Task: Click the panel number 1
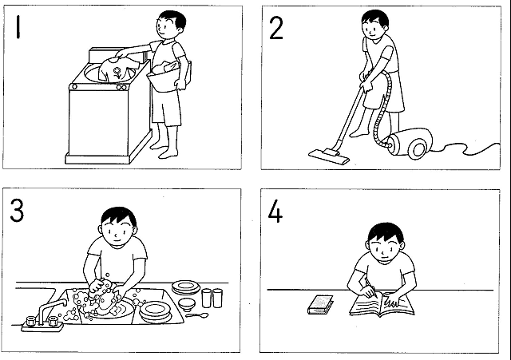pos(18,28)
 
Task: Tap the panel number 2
pos(276,29)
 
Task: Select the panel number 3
pos(17,210)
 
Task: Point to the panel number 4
pos(275,212)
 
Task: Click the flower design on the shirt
pos(117,73)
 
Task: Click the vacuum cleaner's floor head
pos(328,156)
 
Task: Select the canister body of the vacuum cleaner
pos(411,144)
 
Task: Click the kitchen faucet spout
pos(50,309)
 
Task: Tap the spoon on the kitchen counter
pos(197,315)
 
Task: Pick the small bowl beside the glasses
pos(187,304)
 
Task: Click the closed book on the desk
pos(321,305)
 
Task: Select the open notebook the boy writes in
pos(382,305)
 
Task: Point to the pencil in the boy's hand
pos(371,287)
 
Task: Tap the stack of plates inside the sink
pos(155,312)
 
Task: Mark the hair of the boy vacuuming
pos(375,18)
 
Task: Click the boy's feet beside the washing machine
pos(164,150)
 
